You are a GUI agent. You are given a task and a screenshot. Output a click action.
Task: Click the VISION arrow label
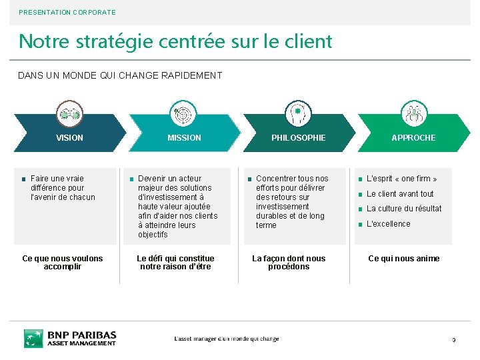pyautogui.click(x=69, y=138)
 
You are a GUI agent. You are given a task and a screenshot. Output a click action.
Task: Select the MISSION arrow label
pyautogui.click(x=184, y=138)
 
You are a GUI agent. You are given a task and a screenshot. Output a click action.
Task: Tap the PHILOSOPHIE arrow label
pyautogui.click(x=298, y=138)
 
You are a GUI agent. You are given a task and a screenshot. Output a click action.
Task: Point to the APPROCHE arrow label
pyautogui.click(x=413, y=138)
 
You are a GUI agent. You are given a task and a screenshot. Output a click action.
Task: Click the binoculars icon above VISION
pyautogui.click(x=69, y=114)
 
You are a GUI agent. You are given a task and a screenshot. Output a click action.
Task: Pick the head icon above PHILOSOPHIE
pyautogui.click(x=298, y=114)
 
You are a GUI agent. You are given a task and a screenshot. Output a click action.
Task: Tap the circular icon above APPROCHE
pyautogui.click(x=413, y=114)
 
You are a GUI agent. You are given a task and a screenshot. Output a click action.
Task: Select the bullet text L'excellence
pyautogui.click(x=389, y=224)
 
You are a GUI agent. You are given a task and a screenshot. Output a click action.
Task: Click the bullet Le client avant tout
pyautogui.click(x=400, y=194)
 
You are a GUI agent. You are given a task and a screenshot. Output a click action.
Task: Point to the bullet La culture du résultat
pyautogui.click(x=404, y=209)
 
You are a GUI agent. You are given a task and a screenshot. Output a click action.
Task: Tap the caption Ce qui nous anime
pyautogui.click(x=404, y=259)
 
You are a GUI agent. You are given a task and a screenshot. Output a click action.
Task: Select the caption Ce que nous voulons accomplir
pyautogui.click(x=63, y=263)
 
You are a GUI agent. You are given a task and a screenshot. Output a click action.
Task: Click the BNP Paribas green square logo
pyautogui.click(x=33, y=338)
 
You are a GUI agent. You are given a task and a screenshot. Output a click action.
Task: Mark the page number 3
pyautogui.click(x=454, y=341)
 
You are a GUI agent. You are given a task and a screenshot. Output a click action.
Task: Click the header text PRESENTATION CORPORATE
pyautogui.click(x=67, y=12)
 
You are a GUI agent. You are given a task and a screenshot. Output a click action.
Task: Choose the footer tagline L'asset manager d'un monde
pyautogui.click(x=227, y=339)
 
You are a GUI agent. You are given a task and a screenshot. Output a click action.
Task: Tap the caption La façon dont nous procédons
pyautogui.click(x=289, y=263)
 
